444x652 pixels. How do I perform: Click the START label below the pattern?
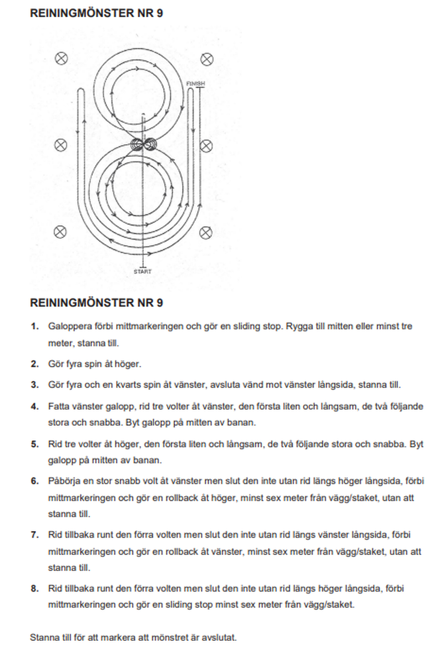[x=143, y=272]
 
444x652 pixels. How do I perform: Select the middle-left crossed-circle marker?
[x=61, y=145]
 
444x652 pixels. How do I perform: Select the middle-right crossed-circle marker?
[x=206, y=145]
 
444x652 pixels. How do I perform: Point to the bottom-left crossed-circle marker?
[x=61, y=231]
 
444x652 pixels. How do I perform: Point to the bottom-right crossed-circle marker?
[x=206, y=231]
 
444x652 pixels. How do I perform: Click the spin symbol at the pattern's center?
[x=143, y=145]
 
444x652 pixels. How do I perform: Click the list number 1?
[x=34, y=327]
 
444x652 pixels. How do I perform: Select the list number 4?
[x=34, y=406]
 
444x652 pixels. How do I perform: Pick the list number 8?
[x=34, y=588]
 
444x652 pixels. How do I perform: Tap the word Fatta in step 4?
[x=58, y=406]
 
